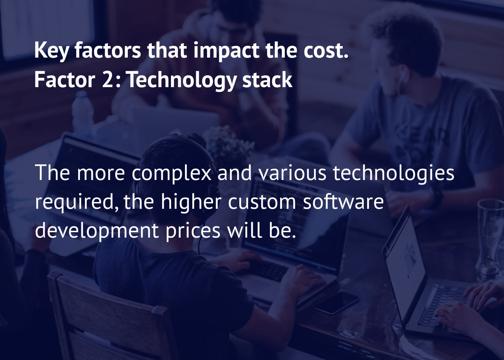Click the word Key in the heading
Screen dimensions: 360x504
(x=51, y=50)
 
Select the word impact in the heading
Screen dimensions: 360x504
(x=226, y=50)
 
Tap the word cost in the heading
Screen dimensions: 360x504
(x=324, y=50)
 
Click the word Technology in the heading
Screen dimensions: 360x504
(x=181, y=80)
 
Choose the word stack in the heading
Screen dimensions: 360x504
(x=267, y=80)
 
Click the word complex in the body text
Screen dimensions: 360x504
(x=171, y=173)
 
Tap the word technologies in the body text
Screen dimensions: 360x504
(x=393, y=173)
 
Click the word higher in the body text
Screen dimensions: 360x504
(x=191, y=202)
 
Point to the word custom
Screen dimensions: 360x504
(x=262, y=202)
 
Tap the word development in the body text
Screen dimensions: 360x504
(x=97, y=231)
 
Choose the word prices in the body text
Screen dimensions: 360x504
(x=193, y=231)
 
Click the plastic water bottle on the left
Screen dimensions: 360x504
(x=82, y=112)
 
